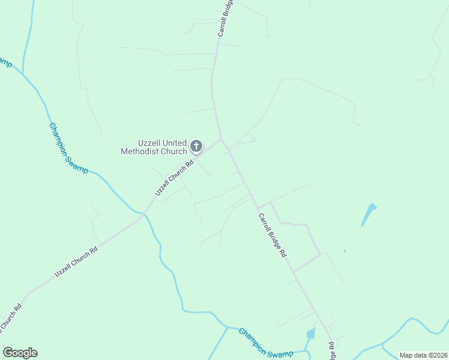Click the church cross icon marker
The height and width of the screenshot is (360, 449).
196,146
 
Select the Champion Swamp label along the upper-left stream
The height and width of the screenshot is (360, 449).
68,148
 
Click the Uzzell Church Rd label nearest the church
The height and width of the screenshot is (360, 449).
174,178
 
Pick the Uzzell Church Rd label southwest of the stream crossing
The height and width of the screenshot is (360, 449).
76,262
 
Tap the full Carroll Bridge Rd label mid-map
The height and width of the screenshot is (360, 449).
272,235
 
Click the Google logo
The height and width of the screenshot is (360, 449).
20,353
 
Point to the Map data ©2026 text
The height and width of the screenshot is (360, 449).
423,355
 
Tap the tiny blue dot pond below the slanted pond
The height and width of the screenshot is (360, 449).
345,251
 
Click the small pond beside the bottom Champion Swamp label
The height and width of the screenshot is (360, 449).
310,333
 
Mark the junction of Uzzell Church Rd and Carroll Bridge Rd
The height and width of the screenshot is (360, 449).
221,139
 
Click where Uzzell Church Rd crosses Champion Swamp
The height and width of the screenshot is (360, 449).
143,214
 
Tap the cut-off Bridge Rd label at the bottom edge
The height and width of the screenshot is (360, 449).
332,350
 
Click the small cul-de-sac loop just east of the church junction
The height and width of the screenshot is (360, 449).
253,140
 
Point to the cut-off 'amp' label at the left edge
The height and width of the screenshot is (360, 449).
5,62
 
